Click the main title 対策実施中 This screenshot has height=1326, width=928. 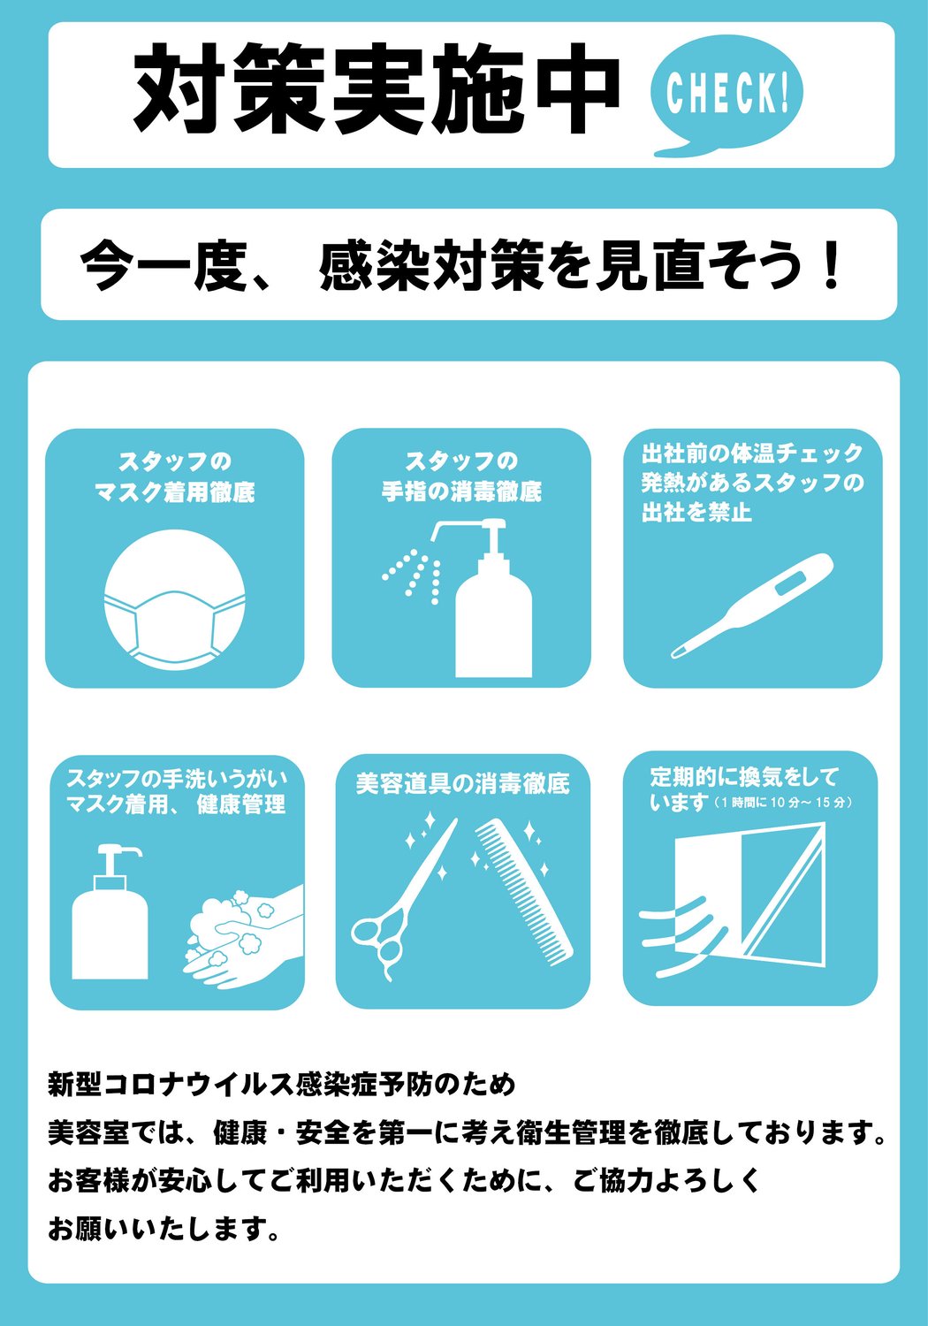pos(377,91)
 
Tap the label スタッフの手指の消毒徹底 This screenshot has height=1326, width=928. pos(461,476)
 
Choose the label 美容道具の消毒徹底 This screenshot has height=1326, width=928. pos(462,783)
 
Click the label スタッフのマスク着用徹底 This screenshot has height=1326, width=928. pos(175,476)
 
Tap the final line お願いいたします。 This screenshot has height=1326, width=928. pos(164,1228)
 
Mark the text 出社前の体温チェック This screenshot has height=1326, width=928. pos(752,453)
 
